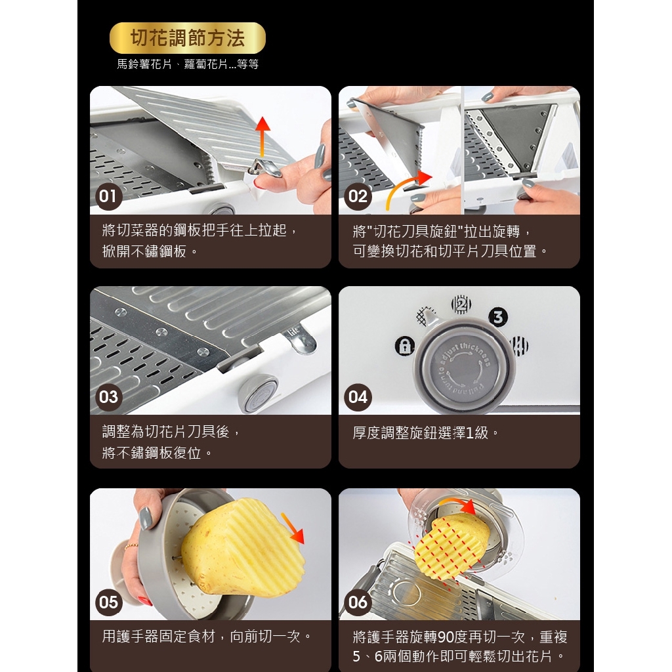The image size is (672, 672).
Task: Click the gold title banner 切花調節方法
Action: tap(188, 38)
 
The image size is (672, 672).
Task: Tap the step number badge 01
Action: tap(108, 196)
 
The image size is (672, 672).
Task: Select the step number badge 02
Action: tap(358, 196)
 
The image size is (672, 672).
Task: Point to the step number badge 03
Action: tap(108, 397)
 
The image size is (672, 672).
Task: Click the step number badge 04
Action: tap(358, 397)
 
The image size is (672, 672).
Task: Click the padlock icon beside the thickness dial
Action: tap(405, 346)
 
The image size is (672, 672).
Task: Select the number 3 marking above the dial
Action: tap(498, 318)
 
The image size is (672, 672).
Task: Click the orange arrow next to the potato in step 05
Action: tap(293, 528)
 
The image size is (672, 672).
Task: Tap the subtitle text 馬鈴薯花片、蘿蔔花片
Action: tap(188, 64)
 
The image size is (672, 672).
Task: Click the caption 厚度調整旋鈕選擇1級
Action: tap(427, 433)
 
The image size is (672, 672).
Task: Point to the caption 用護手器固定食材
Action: tap(207, 637)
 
